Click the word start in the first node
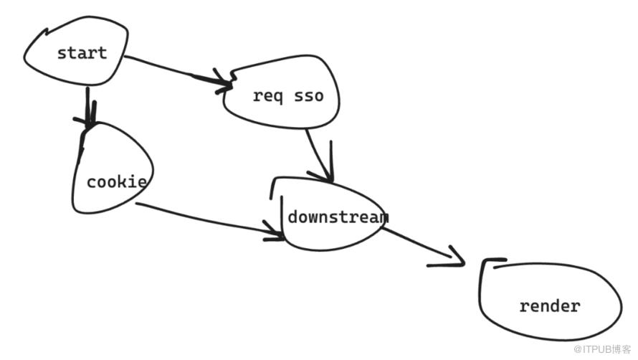pos(82,53)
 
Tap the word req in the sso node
pos(267,97)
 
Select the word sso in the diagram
pos(309,97)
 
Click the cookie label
pos(117,181)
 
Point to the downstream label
pos(338,217)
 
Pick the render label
pos(550,306)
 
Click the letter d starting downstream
pos(292,217)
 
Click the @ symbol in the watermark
pos(578,350)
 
